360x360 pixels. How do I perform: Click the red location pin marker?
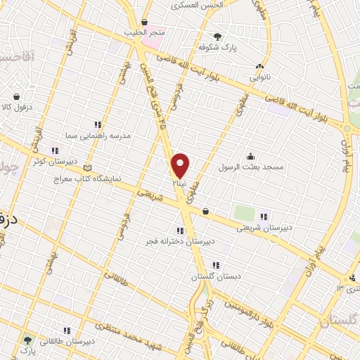(x=181, y=165)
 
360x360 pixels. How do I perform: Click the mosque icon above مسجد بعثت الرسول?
(x=250, y=156)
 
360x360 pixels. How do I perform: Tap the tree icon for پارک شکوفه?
(x=218, y=37)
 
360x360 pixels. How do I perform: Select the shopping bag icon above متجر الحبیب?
(x=144, y=22)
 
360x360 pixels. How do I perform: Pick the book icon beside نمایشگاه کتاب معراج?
(x=87, y=168)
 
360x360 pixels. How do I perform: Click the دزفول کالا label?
(x=23, y=106)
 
